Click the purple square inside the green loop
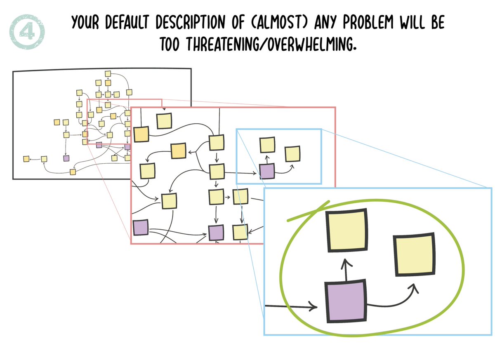(346, 301)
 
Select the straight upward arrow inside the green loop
(346, 271)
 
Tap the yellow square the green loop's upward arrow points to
(346, 231)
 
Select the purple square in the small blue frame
(267, 171)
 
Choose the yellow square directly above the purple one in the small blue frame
(267, 145)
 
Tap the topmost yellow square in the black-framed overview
(108, 74)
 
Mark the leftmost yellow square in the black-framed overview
(26, 159)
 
